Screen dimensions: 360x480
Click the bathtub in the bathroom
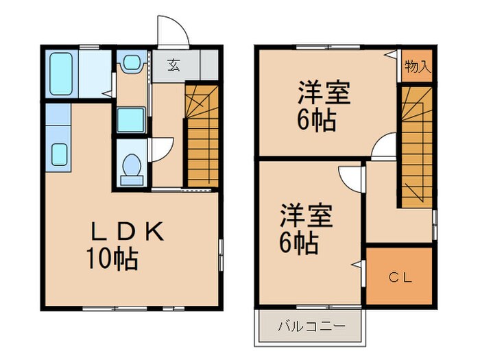pos(61,73)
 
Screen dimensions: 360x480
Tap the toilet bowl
pos(131,167)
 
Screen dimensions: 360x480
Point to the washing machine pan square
pos(130,121)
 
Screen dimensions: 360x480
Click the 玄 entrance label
pos(175,67)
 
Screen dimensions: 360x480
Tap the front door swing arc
pos(171,29)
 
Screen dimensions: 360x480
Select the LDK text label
pos(125,234)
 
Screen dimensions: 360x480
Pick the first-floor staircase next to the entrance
pos(201,134)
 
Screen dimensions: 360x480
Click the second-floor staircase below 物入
pos(417,144)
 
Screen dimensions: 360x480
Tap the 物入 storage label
pos(416,67)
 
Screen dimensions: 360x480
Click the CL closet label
pos(399,277)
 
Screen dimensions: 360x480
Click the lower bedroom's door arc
pos(350,177)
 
